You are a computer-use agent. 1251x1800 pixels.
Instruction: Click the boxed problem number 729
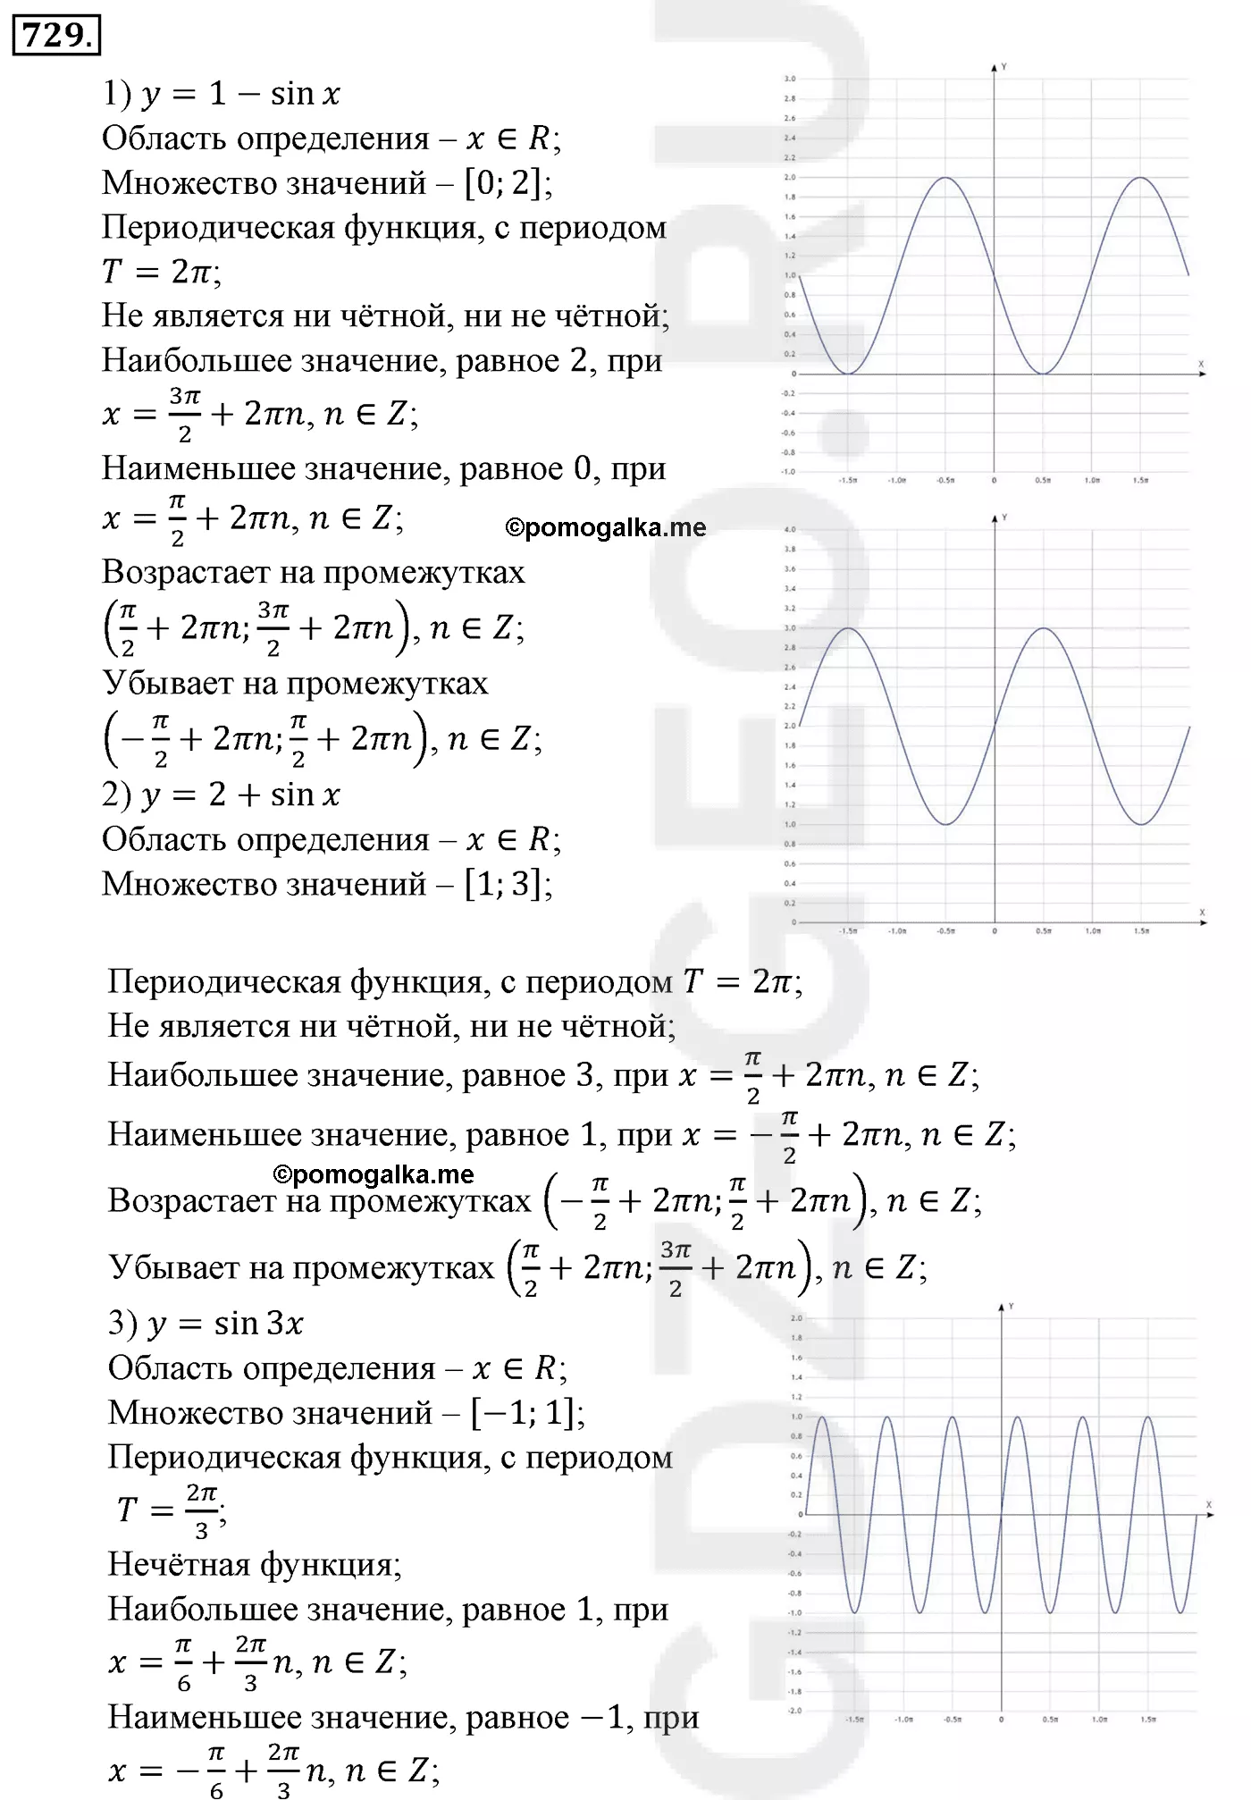[x=55, y=37]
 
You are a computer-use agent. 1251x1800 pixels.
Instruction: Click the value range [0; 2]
[x=508, y=183]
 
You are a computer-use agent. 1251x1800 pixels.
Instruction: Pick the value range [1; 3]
[x=508, y=884]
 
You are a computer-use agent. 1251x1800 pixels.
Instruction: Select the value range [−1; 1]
[x=527, y=1413]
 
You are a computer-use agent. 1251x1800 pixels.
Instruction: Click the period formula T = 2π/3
[x=170, y=1510]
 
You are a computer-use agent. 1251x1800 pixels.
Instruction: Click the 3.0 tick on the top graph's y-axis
[x=789, y=80]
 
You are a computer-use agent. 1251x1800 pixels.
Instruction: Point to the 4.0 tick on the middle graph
[x=789, y=530]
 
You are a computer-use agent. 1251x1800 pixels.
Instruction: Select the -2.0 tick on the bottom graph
[x=795, y=1711]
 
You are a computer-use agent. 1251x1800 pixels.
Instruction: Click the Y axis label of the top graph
[x=1004, y=67]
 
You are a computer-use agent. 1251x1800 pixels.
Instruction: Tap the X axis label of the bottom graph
[x=1208, y=1505]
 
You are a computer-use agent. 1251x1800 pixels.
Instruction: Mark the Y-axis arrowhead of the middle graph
[x=995, y=520]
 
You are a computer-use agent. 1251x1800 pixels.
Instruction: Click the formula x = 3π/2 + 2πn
[x=259, y=414]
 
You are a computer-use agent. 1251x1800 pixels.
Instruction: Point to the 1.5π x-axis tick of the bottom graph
[x=1148, y=1719]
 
